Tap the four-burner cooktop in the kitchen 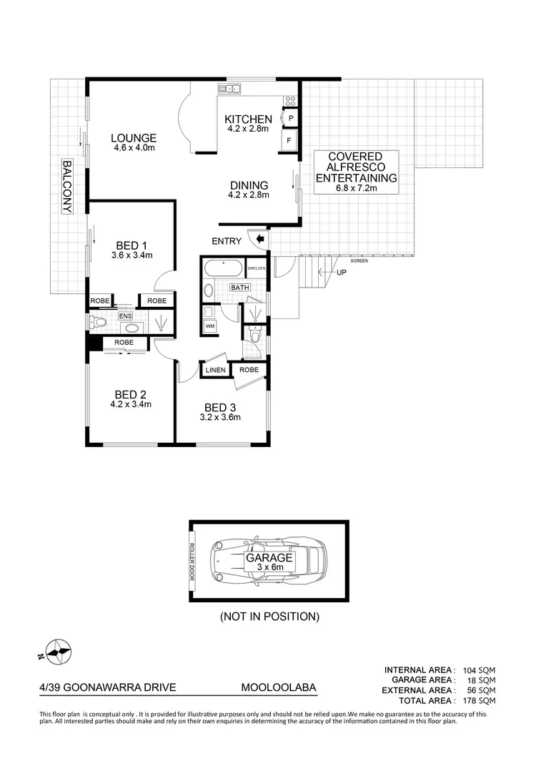pos(290,102)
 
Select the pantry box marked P pos(292,119)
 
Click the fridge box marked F pos(290,140)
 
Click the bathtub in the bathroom pos(223,270)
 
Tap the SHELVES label pos(256,268)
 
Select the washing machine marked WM pos(210,326)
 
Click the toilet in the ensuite pos(97,323)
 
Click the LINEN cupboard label pos(216,370)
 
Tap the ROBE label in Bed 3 pos(249,370)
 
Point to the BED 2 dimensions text pos(131,404)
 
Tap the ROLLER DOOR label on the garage pos(192,563)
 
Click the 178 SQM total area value pos(477,700)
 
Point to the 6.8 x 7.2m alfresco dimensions pos(355,189)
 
